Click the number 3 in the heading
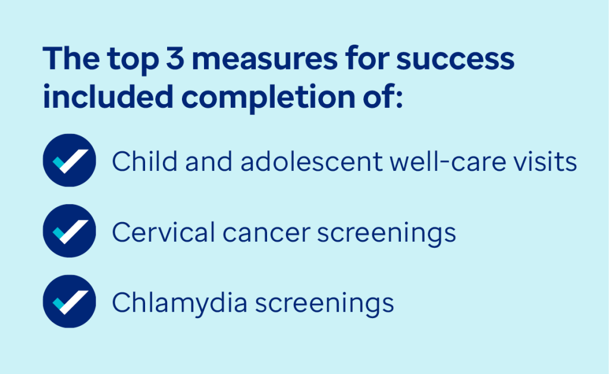click(175, 58)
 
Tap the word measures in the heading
click(265, 60)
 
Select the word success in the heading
click(455, 60)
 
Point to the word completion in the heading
click(268, 98)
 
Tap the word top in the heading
click(133, 61)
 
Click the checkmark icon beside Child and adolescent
click(69, 160)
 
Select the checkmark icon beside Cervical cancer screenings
click(69, 231)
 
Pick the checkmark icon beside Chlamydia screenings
click(69, 301)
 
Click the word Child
click(145, 161)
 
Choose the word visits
click(545, 161)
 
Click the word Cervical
click(164, 232)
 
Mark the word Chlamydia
click(180, 303)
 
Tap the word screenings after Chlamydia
click(324, 305)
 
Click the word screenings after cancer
click(387, 234)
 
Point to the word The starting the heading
click(71, 58)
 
